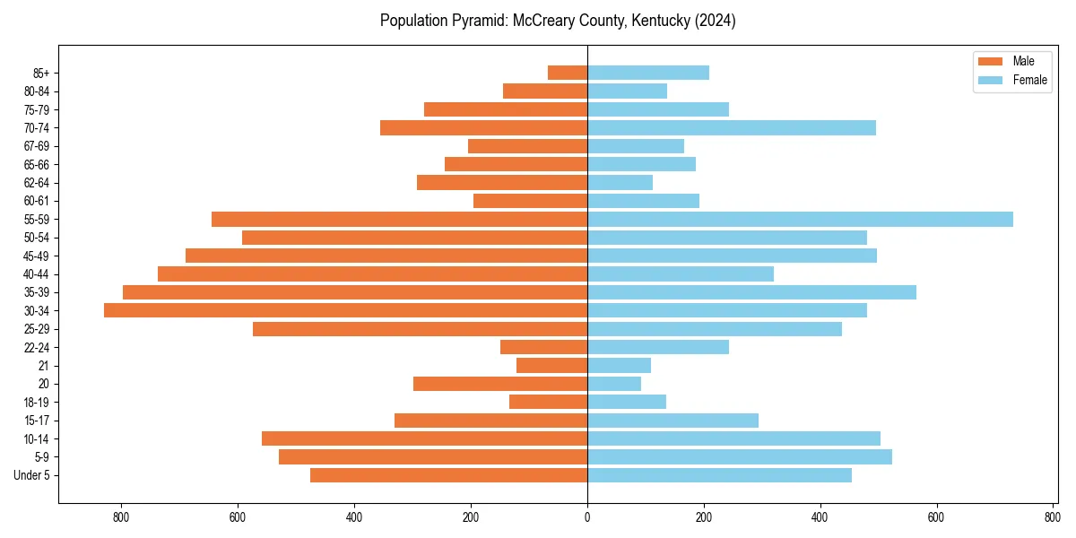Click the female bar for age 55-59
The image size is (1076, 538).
click(x=800, y=219)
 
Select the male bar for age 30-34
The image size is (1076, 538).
click(x=345, y=310)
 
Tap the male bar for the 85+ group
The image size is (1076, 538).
click(x=568, y=73)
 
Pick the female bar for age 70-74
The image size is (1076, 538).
click(x=732, y=127)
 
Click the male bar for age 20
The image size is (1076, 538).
click(x=500, y=384)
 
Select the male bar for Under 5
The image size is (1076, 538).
click(x=448, y=475)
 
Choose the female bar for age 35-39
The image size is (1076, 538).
click(x=751, y=292)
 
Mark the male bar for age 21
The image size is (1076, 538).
click(x=551, y=365)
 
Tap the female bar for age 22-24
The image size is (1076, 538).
click(x=658, y=347)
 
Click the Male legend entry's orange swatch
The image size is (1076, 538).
click(x=990, y=61)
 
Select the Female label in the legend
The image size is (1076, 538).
click(x=1030, y=80)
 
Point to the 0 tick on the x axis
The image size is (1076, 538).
click(x=587, y=517)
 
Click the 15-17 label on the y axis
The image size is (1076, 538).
click(x=37, y=421)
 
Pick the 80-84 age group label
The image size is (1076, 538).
click(x=37, y=91)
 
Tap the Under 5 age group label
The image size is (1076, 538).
click(x=32, y=475)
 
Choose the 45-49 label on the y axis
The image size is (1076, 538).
click(x=37, y=256)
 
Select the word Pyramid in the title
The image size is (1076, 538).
click(x=479, y=21)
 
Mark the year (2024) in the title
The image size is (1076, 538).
click(x=716, y=21)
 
